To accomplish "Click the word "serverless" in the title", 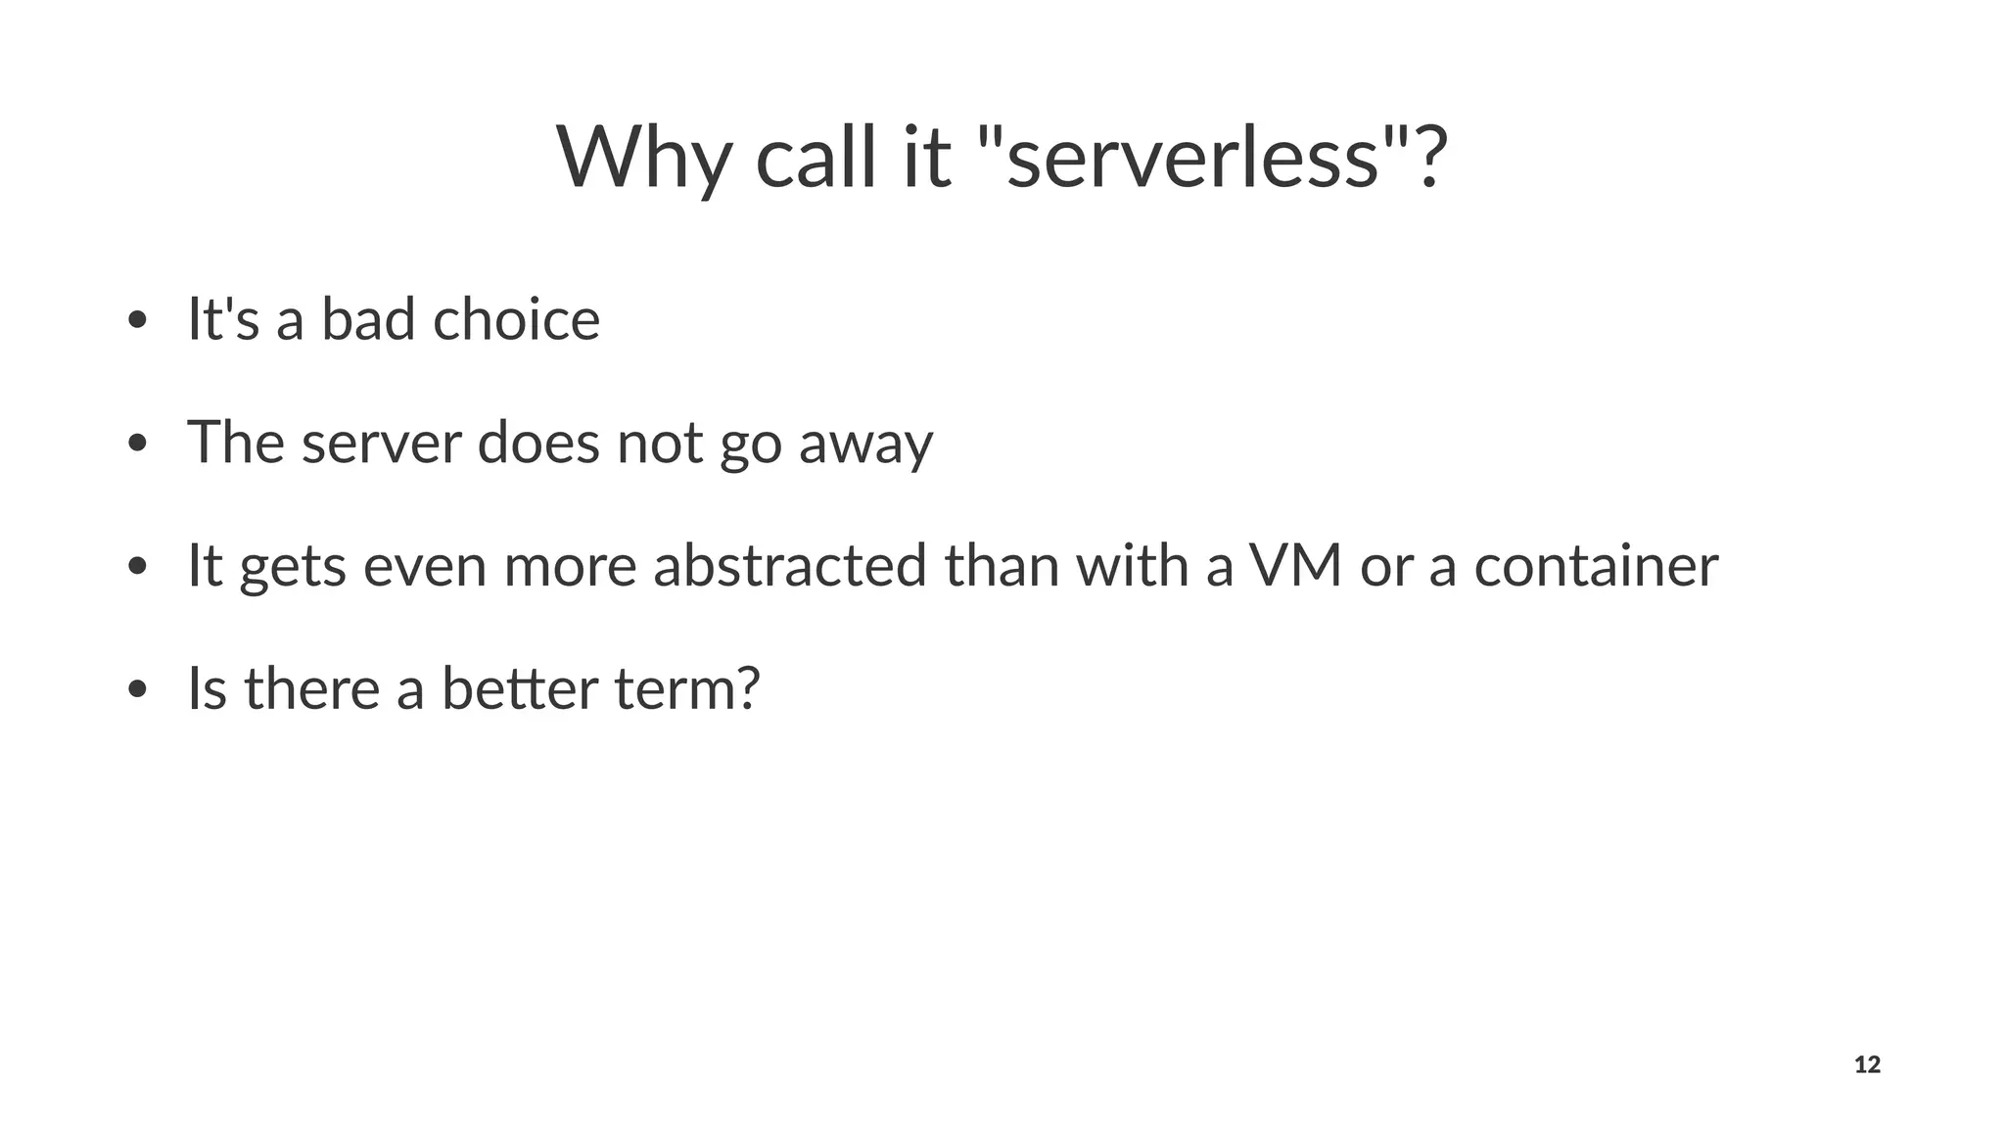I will tap(1193, 159).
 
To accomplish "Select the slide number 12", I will tap(1867, 1065).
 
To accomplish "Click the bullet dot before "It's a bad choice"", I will tap(137, 321).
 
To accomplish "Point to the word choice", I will tap(516, 320).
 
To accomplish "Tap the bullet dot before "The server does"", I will tap(137, 444).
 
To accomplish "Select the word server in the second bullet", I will tap(381, 444).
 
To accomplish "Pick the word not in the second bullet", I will tap(659, 444).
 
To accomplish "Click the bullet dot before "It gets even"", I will tap(137, 567).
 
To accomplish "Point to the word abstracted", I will tap(789, 567).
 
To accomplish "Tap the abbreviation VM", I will tap(1294, 567).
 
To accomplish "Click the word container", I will tap(1596, 567).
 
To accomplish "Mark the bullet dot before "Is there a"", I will tap(137, 689).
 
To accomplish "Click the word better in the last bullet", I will tap(519, 689).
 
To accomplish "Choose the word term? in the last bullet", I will tap(687, 689).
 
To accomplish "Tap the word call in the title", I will tap(816, 159).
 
